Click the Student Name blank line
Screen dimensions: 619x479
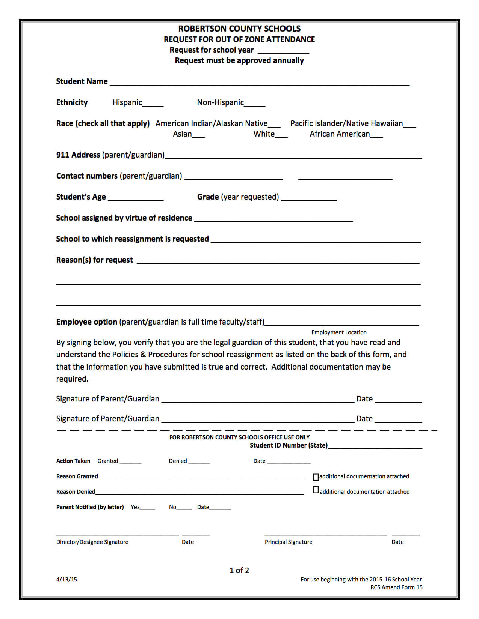click(259, 83)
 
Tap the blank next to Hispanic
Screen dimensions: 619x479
click(153, 104)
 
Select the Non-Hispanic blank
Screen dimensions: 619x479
click(255, 104)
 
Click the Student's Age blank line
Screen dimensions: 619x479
click(136, 198)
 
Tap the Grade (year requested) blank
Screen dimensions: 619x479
click(309, 198)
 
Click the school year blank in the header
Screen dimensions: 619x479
click(283, 51)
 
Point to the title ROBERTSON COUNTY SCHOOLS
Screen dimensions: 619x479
click(239, 29)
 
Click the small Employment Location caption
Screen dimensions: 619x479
click(339, 332)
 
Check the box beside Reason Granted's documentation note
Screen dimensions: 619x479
click(316, 477)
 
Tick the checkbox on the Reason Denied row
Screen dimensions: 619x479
click(316, 490)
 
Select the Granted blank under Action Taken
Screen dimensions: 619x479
click(130, 462)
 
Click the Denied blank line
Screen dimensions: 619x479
click(199, 462)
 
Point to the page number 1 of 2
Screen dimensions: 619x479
click(239, 570)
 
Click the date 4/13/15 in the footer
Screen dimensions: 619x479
click(66, 579)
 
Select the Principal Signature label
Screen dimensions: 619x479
click(288, 542)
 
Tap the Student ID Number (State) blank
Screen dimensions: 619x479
click(375, 446)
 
